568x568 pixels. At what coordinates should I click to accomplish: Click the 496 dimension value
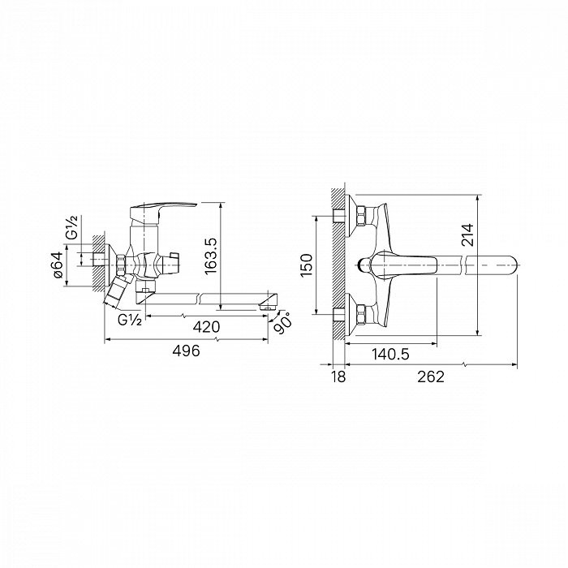click(186, 351)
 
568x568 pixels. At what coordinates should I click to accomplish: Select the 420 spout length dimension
click(206, 327)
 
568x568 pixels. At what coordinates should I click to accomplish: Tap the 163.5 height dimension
click(210, 256)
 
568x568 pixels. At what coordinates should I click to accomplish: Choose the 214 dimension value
click(467, 235)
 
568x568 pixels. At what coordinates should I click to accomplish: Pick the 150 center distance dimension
click(306, 265)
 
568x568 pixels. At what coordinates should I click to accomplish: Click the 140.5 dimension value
click(390, 354)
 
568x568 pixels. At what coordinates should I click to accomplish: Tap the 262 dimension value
click(431, 377)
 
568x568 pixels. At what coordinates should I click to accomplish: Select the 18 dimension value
click(338, 377)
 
